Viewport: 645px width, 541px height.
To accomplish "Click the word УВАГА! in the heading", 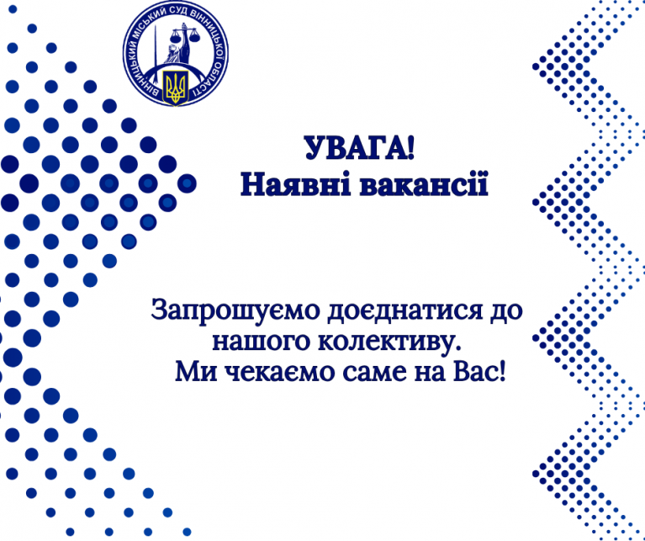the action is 360,148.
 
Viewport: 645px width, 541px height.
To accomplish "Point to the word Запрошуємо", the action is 235,311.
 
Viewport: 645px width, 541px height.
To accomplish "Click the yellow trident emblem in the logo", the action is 176,88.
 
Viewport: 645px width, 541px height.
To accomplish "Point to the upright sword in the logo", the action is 155,46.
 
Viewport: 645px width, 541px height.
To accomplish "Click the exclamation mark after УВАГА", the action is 410,148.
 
